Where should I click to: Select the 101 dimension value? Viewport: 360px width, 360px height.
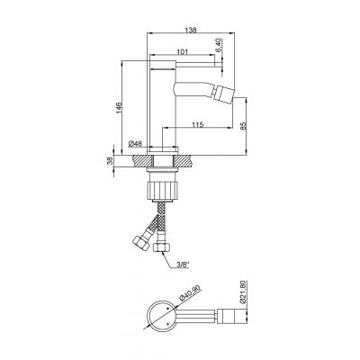182,54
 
